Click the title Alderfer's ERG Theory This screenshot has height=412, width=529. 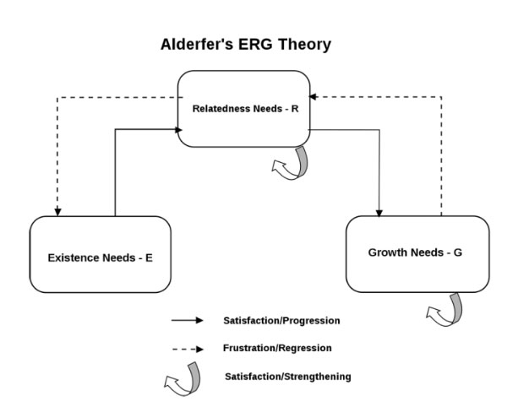click(245, 45)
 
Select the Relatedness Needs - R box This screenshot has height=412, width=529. click(244, 109)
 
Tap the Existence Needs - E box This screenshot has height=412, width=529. click(100, 254)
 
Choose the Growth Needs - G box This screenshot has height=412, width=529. click(417, 253)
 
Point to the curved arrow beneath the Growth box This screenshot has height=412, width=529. click(444, 311)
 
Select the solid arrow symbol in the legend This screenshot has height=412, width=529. click(187, 321)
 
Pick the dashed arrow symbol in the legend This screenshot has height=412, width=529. click(187, 348)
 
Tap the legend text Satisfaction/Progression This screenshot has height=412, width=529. click(281, 321)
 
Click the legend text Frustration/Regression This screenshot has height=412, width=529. click(276, 348)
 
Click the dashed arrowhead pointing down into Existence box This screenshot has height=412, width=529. click(57, 211)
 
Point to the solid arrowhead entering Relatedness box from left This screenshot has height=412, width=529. click(179, 129)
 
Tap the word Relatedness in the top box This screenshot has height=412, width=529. click(222, 109)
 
